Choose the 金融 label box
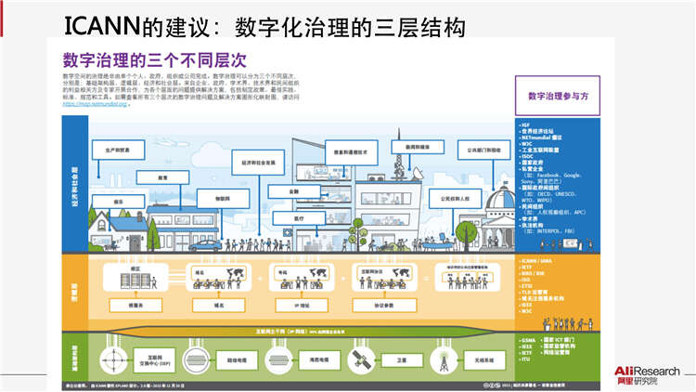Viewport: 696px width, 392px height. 293,191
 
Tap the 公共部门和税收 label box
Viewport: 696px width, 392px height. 480,150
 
